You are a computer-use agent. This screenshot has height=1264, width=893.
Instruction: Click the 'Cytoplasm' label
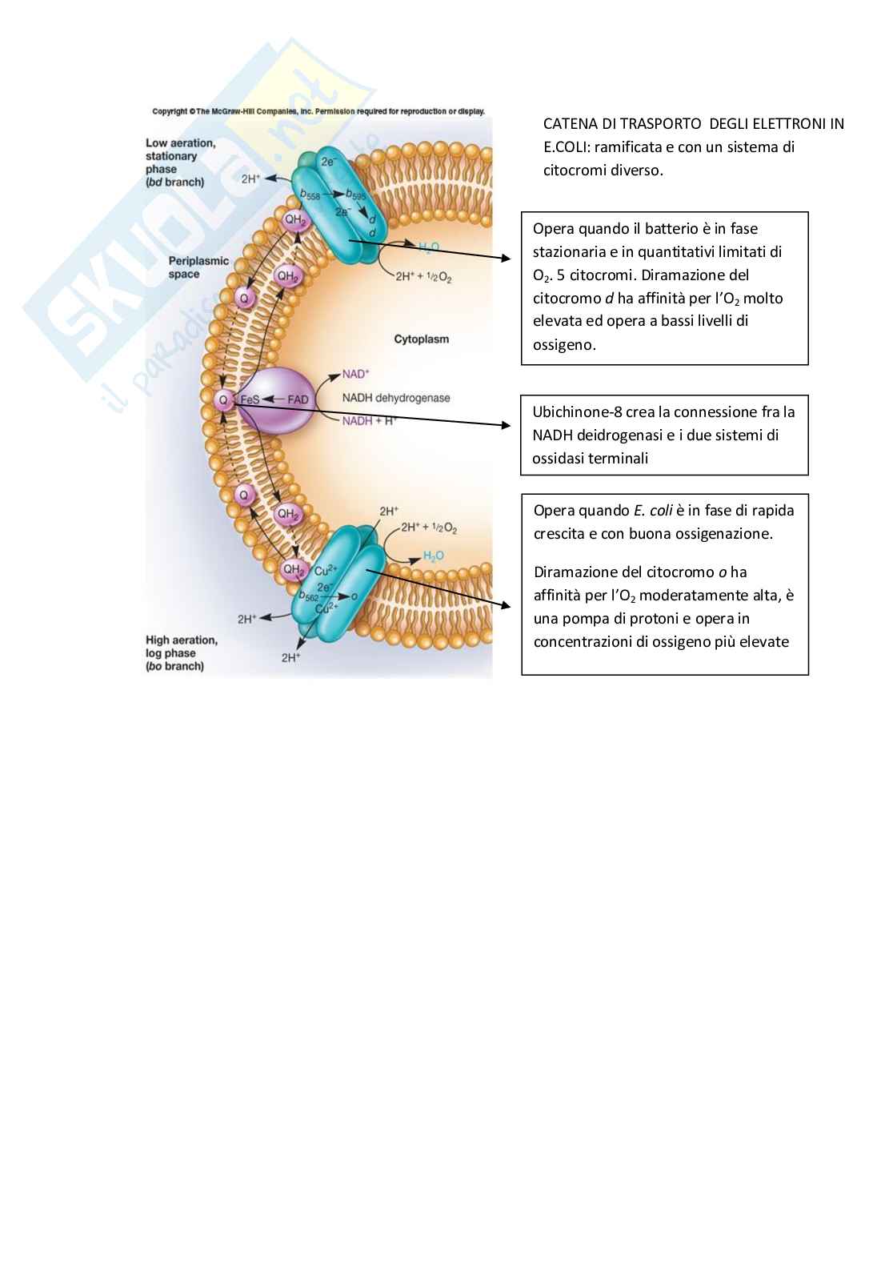421,339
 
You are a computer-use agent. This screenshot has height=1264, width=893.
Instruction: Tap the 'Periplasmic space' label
198,267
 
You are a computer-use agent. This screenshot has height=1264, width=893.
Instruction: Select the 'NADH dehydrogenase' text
396,398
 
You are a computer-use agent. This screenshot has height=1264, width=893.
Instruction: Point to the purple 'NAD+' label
355,374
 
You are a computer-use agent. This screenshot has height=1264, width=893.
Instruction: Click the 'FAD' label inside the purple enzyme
298,399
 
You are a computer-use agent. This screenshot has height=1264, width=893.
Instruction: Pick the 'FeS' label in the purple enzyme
250,399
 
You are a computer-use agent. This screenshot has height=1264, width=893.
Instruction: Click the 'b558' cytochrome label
310,195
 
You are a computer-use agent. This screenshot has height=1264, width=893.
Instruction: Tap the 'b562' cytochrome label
309,596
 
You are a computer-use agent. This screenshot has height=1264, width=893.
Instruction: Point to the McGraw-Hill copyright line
318,111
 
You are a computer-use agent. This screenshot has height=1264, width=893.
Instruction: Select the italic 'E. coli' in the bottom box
653,511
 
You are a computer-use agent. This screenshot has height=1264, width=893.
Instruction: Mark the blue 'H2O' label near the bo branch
433,556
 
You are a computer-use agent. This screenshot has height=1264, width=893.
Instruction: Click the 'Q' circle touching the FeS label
223,399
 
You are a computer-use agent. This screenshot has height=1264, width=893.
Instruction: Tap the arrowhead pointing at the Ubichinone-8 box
506,426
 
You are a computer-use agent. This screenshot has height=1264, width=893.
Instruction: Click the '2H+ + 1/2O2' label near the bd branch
423,277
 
